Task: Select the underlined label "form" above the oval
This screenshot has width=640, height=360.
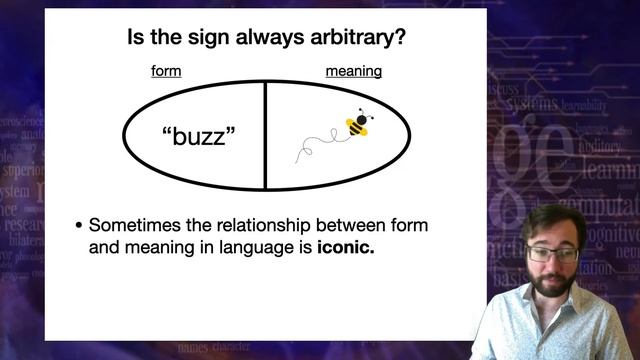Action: click(166, 72)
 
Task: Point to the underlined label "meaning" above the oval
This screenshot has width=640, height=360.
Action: click(353, 72)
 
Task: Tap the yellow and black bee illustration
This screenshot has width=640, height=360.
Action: click(360, 123)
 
